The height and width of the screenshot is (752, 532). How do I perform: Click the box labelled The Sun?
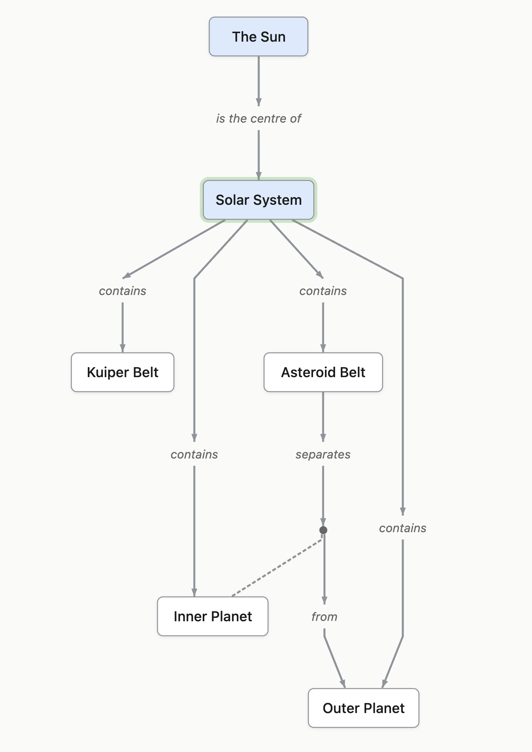(258, 37)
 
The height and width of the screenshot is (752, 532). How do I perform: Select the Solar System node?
(258, 200)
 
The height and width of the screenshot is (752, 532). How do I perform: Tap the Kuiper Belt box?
(123, 372)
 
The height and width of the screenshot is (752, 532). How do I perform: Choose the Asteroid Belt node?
(323, 372)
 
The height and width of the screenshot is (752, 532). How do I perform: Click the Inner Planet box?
(212, 616)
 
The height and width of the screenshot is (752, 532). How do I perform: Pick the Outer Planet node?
(363, 708)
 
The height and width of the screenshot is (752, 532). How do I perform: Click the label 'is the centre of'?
(258, 118)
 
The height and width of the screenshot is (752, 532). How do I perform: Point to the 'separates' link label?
(323, 454)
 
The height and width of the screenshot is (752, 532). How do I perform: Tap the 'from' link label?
(324, 617)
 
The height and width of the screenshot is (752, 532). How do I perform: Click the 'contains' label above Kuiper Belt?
(123, 291)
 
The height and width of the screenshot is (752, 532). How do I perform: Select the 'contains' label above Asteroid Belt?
(323, 291)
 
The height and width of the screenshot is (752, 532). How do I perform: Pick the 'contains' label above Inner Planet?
(194, 454)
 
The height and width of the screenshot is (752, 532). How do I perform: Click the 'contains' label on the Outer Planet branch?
(402, 528)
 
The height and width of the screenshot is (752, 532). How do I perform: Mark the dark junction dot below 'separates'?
(323, 530)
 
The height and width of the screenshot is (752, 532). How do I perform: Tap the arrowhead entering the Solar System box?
(259, 176)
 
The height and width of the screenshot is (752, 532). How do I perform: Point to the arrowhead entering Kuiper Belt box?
(123, 348)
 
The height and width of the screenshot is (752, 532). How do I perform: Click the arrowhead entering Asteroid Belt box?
(323, 348)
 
